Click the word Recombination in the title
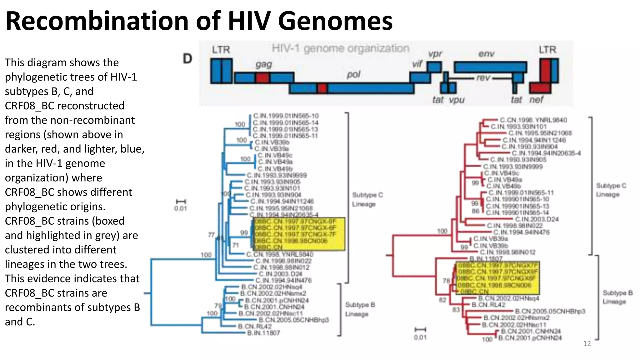point(97,21)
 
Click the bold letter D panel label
point(187,58)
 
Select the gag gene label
point(263,64)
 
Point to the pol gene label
point(353,75)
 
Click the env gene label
point(486,54)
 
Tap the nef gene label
point(536,100)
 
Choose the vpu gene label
point(457,100)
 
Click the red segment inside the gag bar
point(262,78)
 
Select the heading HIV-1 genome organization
point(340,48)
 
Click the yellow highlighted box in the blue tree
point(299,234)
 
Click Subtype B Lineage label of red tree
point(617,297)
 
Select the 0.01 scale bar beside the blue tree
point(181,205)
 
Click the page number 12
point(587,344)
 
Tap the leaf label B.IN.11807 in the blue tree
point(263,333)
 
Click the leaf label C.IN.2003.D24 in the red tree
point(537,219)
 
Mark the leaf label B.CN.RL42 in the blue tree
point(255,327)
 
